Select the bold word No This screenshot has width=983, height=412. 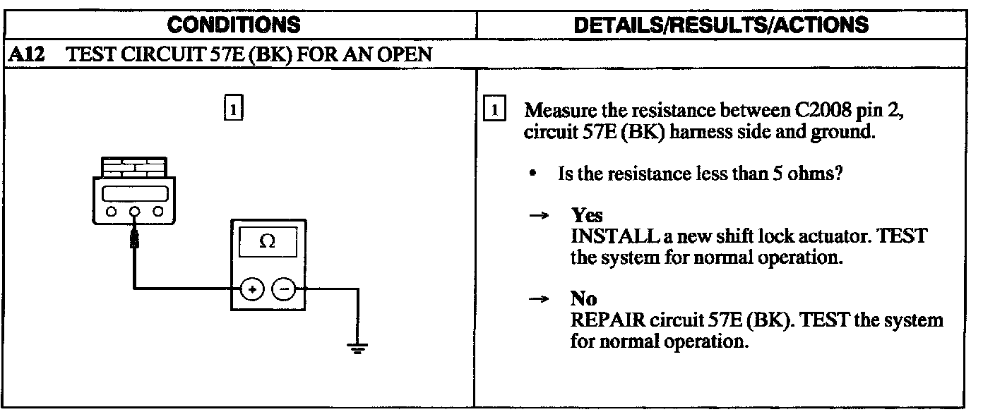click(x=583, y=300)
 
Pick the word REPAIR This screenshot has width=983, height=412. click(x=604, y=320)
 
